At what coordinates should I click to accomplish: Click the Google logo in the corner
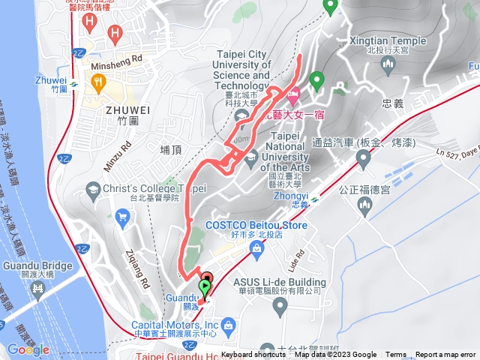pyautogui.click(x=28, y=349)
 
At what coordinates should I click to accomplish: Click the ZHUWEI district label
pyautogui.click(x=127, y=110)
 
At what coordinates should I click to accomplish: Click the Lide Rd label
pyautogui.click(x=295, y=260)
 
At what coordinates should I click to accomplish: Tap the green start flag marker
pyautogui.click(x=204, y=288)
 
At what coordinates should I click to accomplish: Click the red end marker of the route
pyautogui.click(x=207, y=277)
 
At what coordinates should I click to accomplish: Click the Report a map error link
pyautogui.click(x=445, y=355)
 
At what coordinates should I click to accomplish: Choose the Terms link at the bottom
pyautogui.click(x=396, y=355)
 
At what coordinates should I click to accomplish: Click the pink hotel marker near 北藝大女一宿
pyautogui.click(x=292, y=94)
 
